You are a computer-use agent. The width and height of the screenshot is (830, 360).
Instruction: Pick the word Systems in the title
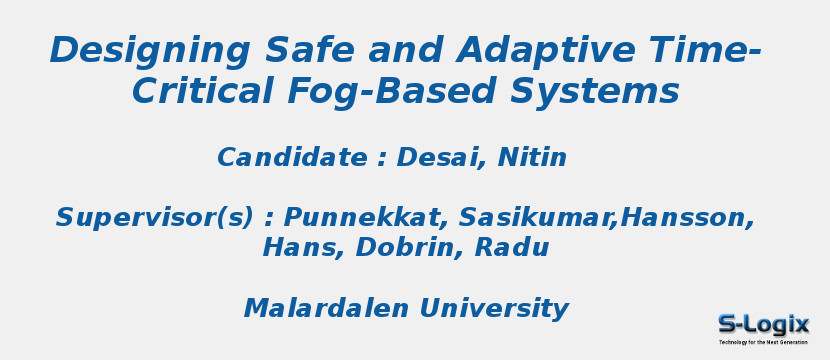coord(595,92)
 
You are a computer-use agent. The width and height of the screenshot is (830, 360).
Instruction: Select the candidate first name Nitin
coord(532,158)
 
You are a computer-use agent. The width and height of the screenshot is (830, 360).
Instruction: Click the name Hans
coord(290,248)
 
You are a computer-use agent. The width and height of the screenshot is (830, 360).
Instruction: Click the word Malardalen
coord(326,309)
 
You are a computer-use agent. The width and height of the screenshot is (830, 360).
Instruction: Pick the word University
coord(494,309)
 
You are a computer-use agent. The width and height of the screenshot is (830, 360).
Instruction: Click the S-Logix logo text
coord(763,324)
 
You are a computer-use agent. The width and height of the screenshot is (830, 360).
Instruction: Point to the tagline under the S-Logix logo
coord(763,342)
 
